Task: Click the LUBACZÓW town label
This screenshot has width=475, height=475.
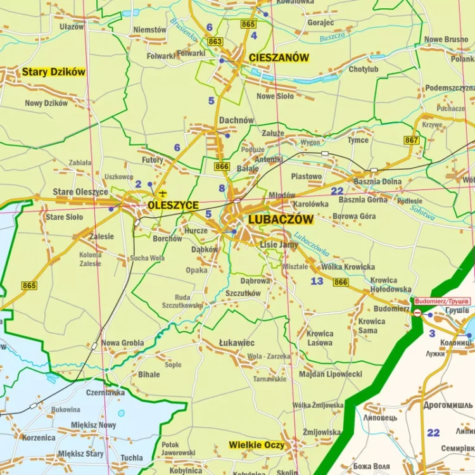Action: tap(281, 220)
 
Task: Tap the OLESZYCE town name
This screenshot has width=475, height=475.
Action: tap(173, 206)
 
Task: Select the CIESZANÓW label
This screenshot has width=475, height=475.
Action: tap(279, 58)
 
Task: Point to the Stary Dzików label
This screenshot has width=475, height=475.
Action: tap(53, 72)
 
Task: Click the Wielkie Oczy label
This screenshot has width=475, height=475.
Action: tap(256, 445)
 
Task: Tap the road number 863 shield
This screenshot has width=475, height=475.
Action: tap(215, 42)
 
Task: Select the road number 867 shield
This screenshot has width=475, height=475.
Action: tap(412, 140)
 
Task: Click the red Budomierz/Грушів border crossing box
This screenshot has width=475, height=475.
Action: tap(442, 301)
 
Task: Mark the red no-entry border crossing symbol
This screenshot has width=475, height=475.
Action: tap(417, 313)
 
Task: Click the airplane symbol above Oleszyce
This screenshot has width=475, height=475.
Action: tap(163, 193)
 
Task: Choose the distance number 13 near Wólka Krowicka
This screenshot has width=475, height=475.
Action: tap(317, 281)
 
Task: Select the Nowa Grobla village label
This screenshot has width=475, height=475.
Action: tap(122, 343)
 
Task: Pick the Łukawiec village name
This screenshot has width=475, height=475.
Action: tap(237, 343)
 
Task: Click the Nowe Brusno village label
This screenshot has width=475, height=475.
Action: tap(446, 40)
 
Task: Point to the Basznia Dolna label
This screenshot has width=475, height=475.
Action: tap(377, 182)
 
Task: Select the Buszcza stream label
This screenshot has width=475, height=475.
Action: tap(332, 37)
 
